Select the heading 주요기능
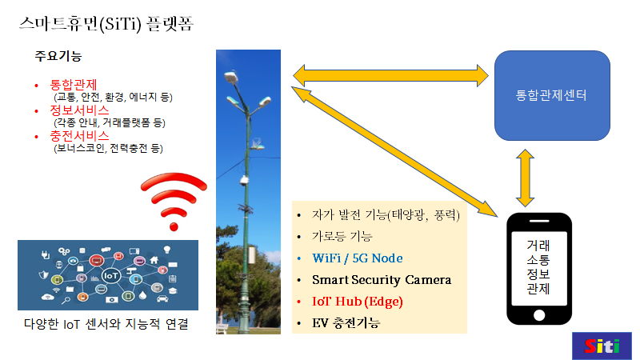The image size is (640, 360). [x=58, y=58]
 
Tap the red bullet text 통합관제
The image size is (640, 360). [x=74, y=84]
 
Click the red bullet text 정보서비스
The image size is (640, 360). [x=79, y=110]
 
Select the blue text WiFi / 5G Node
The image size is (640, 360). [x=357, y=258]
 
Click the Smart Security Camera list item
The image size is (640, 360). [x=382, y=280]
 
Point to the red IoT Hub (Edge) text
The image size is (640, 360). [x=357, y=302]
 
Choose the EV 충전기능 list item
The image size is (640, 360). [x=346, y=323]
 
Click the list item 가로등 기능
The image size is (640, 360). [x=343, y=237]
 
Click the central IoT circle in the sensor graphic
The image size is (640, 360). [x=110, y=274]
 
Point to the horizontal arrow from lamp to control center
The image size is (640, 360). [x=391, y=74]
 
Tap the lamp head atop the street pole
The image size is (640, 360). [x=231, y=76]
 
